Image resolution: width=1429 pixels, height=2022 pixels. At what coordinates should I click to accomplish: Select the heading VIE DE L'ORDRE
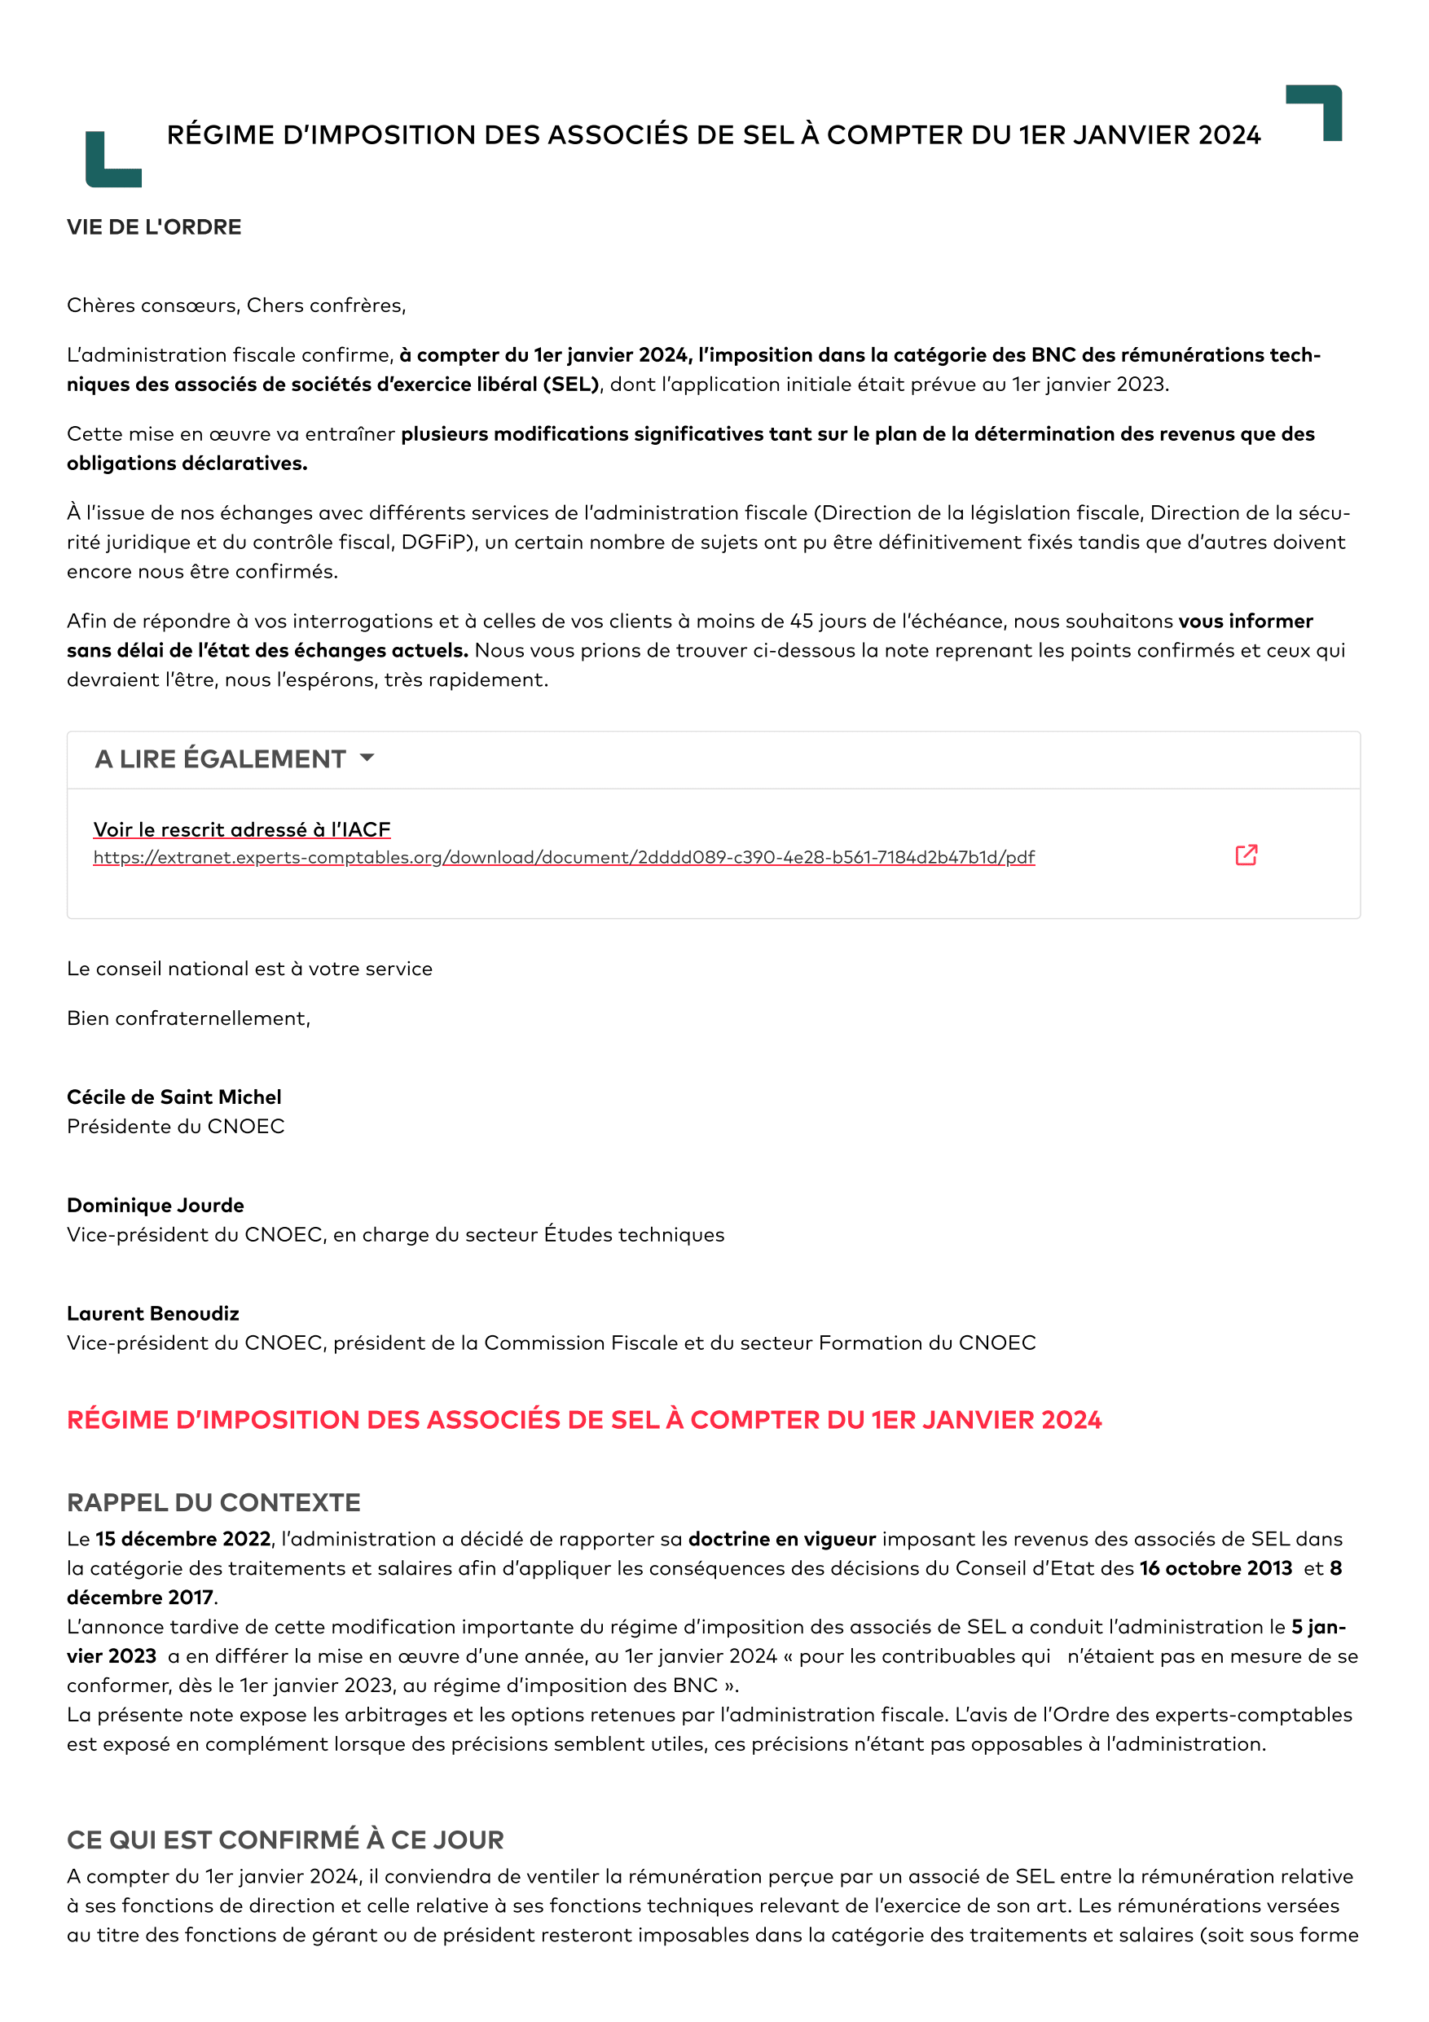[x=154, y=227]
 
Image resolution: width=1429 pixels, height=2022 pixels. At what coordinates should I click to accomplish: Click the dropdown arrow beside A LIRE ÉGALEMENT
[x=367, y=758]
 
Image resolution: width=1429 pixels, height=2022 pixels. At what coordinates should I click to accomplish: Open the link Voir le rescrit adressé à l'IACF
[x=241, y=829]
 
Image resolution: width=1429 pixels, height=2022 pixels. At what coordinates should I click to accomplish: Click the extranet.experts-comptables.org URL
[x=564, y=858]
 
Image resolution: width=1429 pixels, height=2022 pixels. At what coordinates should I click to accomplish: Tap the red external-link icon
[x=1246, y=855]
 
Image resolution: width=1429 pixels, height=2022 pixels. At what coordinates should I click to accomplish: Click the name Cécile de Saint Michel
[x=174, y=1097]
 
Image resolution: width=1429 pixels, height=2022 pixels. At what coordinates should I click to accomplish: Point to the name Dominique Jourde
[x=156, y=1206]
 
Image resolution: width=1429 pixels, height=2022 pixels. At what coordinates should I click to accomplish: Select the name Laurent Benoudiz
[x=153, y=1314]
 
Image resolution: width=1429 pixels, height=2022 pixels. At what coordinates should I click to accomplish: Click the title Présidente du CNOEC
[x=176, y=1127]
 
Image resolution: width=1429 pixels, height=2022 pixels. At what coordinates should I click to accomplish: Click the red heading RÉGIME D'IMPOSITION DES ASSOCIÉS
[x=584, y=1421]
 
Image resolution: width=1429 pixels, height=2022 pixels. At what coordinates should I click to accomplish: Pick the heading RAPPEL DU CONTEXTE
[x=214, y=1502]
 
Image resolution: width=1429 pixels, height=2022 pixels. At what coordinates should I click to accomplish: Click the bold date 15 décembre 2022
[x=183, y=1540]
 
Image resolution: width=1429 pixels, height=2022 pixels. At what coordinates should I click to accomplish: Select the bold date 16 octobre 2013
[x=1215, y=1568]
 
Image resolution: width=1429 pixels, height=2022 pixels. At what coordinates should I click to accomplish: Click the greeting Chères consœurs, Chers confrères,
[x=236, y=305]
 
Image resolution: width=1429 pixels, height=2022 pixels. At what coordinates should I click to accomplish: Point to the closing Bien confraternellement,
[x=188, y=1019]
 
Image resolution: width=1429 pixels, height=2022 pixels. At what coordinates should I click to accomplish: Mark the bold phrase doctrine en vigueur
[x=782, y=1540]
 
